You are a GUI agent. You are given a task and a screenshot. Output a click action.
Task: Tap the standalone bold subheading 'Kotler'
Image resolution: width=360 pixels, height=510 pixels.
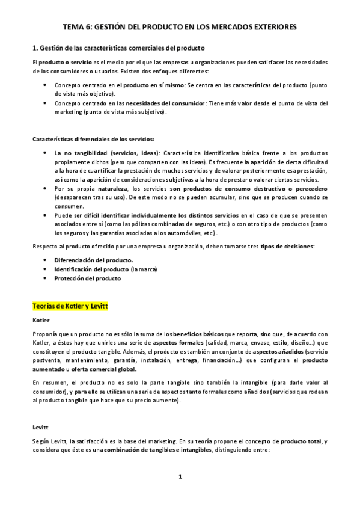click(x=41, y=320)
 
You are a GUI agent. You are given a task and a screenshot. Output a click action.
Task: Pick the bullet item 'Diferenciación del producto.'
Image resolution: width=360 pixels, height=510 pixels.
click(x=94, y=260)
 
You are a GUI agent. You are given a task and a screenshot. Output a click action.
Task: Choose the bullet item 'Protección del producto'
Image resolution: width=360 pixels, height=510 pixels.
click(x=87, y=278)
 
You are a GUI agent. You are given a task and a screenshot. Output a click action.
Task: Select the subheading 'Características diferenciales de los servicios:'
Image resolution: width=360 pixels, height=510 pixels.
click(x=93, y=139)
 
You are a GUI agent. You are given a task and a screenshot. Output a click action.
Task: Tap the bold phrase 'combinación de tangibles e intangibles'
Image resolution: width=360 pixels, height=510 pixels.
click(x=157, y=450)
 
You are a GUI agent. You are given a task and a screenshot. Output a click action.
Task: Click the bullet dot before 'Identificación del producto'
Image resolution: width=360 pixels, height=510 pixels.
click(x=46, y=269)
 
